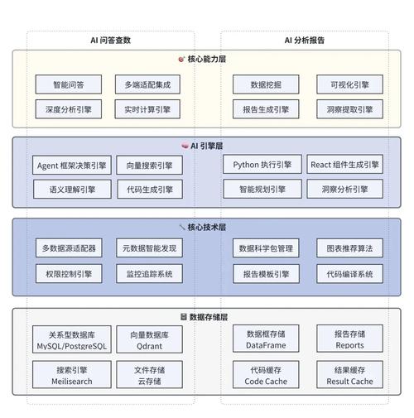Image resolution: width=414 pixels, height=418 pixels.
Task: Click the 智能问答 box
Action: point(67,84)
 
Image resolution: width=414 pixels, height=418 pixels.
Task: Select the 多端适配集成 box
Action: point(148,84)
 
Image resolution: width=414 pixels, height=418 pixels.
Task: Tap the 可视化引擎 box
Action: point(349,84)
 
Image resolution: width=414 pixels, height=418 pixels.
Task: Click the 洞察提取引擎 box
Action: point(349,108)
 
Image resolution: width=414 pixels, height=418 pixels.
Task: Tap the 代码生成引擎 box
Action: point(149,190)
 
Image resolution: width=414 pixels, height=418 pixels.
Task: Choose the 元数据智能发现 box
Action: point(149,247)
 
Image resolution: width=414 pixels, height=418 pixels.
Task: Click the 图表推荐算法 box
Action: point(349,247)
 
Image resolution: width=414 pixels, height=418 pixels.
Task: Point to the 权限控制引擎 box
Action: point(68,273)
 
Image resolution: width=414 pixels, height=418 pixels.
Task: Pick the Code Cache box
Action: point(266,375)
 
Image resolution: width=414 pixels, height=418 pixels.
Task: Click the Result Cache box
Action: point(349,375)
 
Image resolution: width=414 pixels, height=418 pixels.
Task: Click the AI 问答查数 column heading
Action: point(110,39)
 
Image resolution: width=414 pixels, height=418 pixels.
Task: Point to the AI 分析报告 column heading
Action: point(305,39)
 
